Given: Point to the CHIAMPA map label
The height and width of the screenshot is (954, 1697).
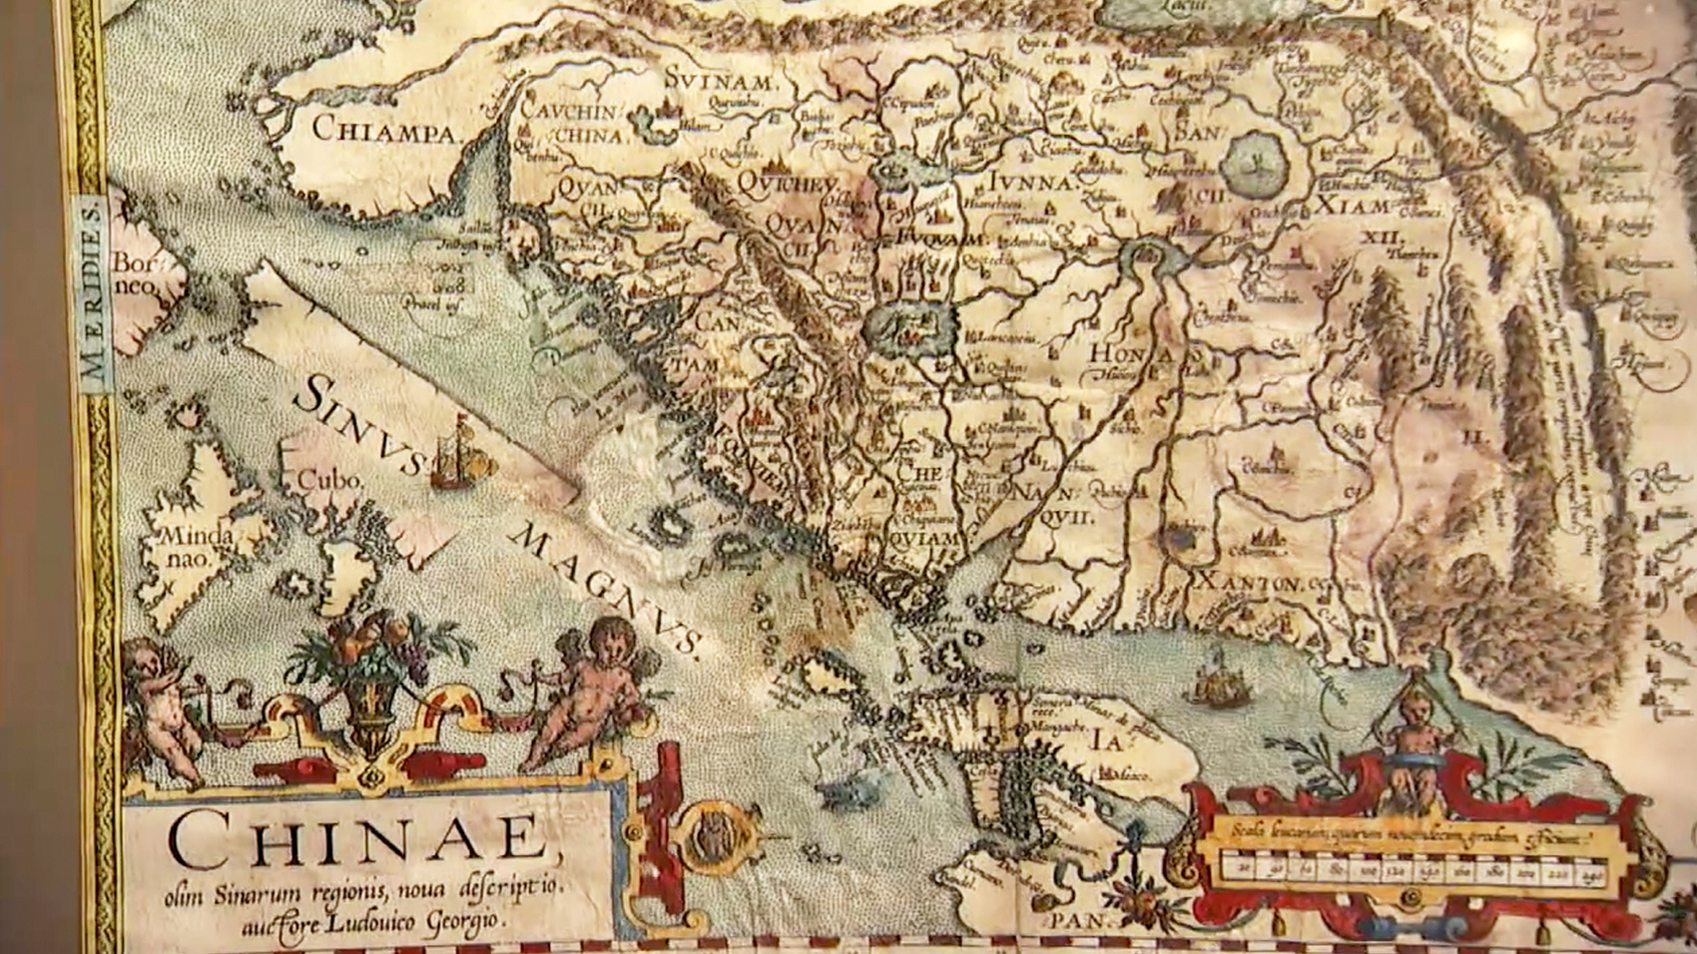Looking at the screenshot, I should point(383,130).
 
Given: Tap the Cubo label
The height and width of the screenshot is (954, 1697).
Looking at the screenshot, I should point(328,480).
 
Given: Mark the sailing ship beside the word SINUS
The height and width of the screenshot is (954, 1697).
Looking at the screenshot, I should point(460,454).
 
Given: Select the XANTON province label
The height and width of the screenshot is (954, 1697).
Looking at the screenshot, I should point(1249,582).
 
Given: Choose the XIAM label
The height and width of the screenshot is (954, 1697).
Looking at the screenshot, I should point(1353,208).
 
